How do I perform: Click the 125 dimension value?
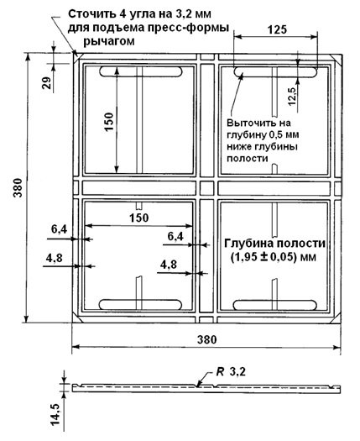click(277, 29)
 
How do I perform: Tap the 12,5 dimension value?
click(292, 97)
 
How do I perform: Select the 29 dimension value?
click(47, 83)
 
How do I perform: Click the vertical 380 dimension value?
click(18, 187)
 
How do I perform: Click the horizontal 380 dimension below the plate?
click(206, 339)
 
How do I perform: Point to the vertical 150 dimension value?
click(109, 122)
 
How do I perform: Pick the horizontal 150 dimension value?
click(138, 218)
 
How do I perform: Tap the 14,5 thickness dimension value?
click(55, 414)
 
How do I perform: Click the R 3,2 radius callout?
click(231, 372)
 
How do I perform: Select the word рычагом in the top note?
click(109, 41)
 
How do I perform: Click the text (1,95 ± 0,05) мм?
click(274, 257)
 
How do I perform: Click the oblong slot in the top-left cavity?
click(141, 71)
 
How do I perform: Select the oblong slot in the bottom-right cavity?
click(275, 306)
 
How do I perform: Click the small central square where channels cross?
click(206, 188)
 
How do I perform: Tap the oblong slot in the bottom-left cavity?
click(141, 304)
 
